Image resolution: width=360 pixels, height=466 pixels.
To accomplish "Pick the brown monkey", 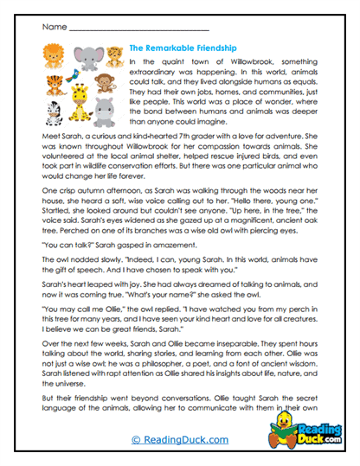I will click(x=104, y=84).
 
